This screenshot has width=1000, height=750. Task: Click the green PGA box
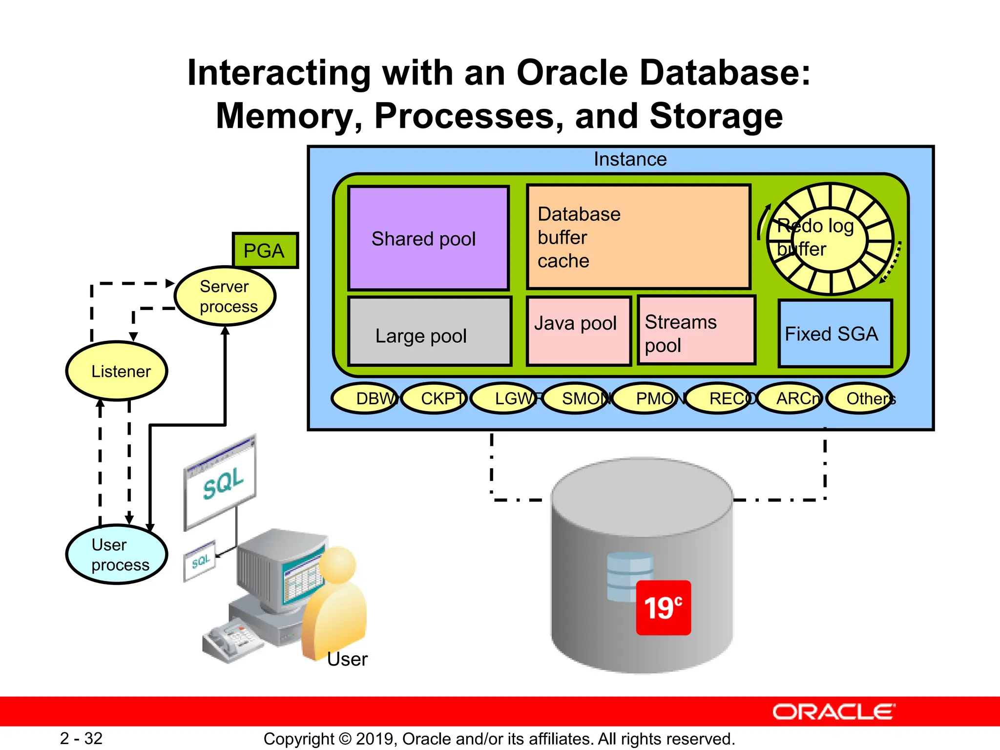click(x=265, y=250)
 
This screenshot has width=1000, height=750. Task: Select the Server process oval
click(x=225, y=296)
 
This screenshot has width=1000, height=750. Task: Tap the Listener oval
click(x=117, y=371)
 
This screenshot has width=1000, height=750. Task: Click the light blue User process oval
click(x=117, y=555)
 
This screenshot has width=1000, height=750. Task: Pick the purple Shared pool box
click(x=428, y=238)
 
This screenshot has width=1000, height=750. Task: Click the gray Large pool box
click(x=430, y=332)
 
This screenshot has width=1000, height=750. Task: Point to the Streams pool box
click(x=696, y=331)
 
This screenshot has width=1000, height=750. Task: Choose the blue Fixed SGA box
click(x=834, y=333)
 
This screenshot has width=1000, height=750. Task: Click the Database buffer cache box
click(x=638, y=237)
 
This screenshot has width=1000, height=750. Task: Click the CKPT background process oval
click(x=435, y=398)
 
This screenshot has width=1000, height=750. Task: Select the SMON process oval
click(x=576, y=398)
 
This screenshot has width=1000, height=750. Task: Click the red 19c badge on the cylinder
click(x=663, y=607)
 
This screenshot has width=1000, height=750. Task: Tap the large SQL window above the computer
click(x=220, y=482)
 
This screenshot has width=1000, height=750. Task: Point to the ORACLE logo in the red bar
click(x=833, y=712)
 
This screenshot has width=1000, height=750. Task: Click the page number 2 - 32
click(x=81, y=738)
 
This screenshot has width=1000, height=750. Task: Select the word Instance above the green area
click(x=630, y=159)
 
